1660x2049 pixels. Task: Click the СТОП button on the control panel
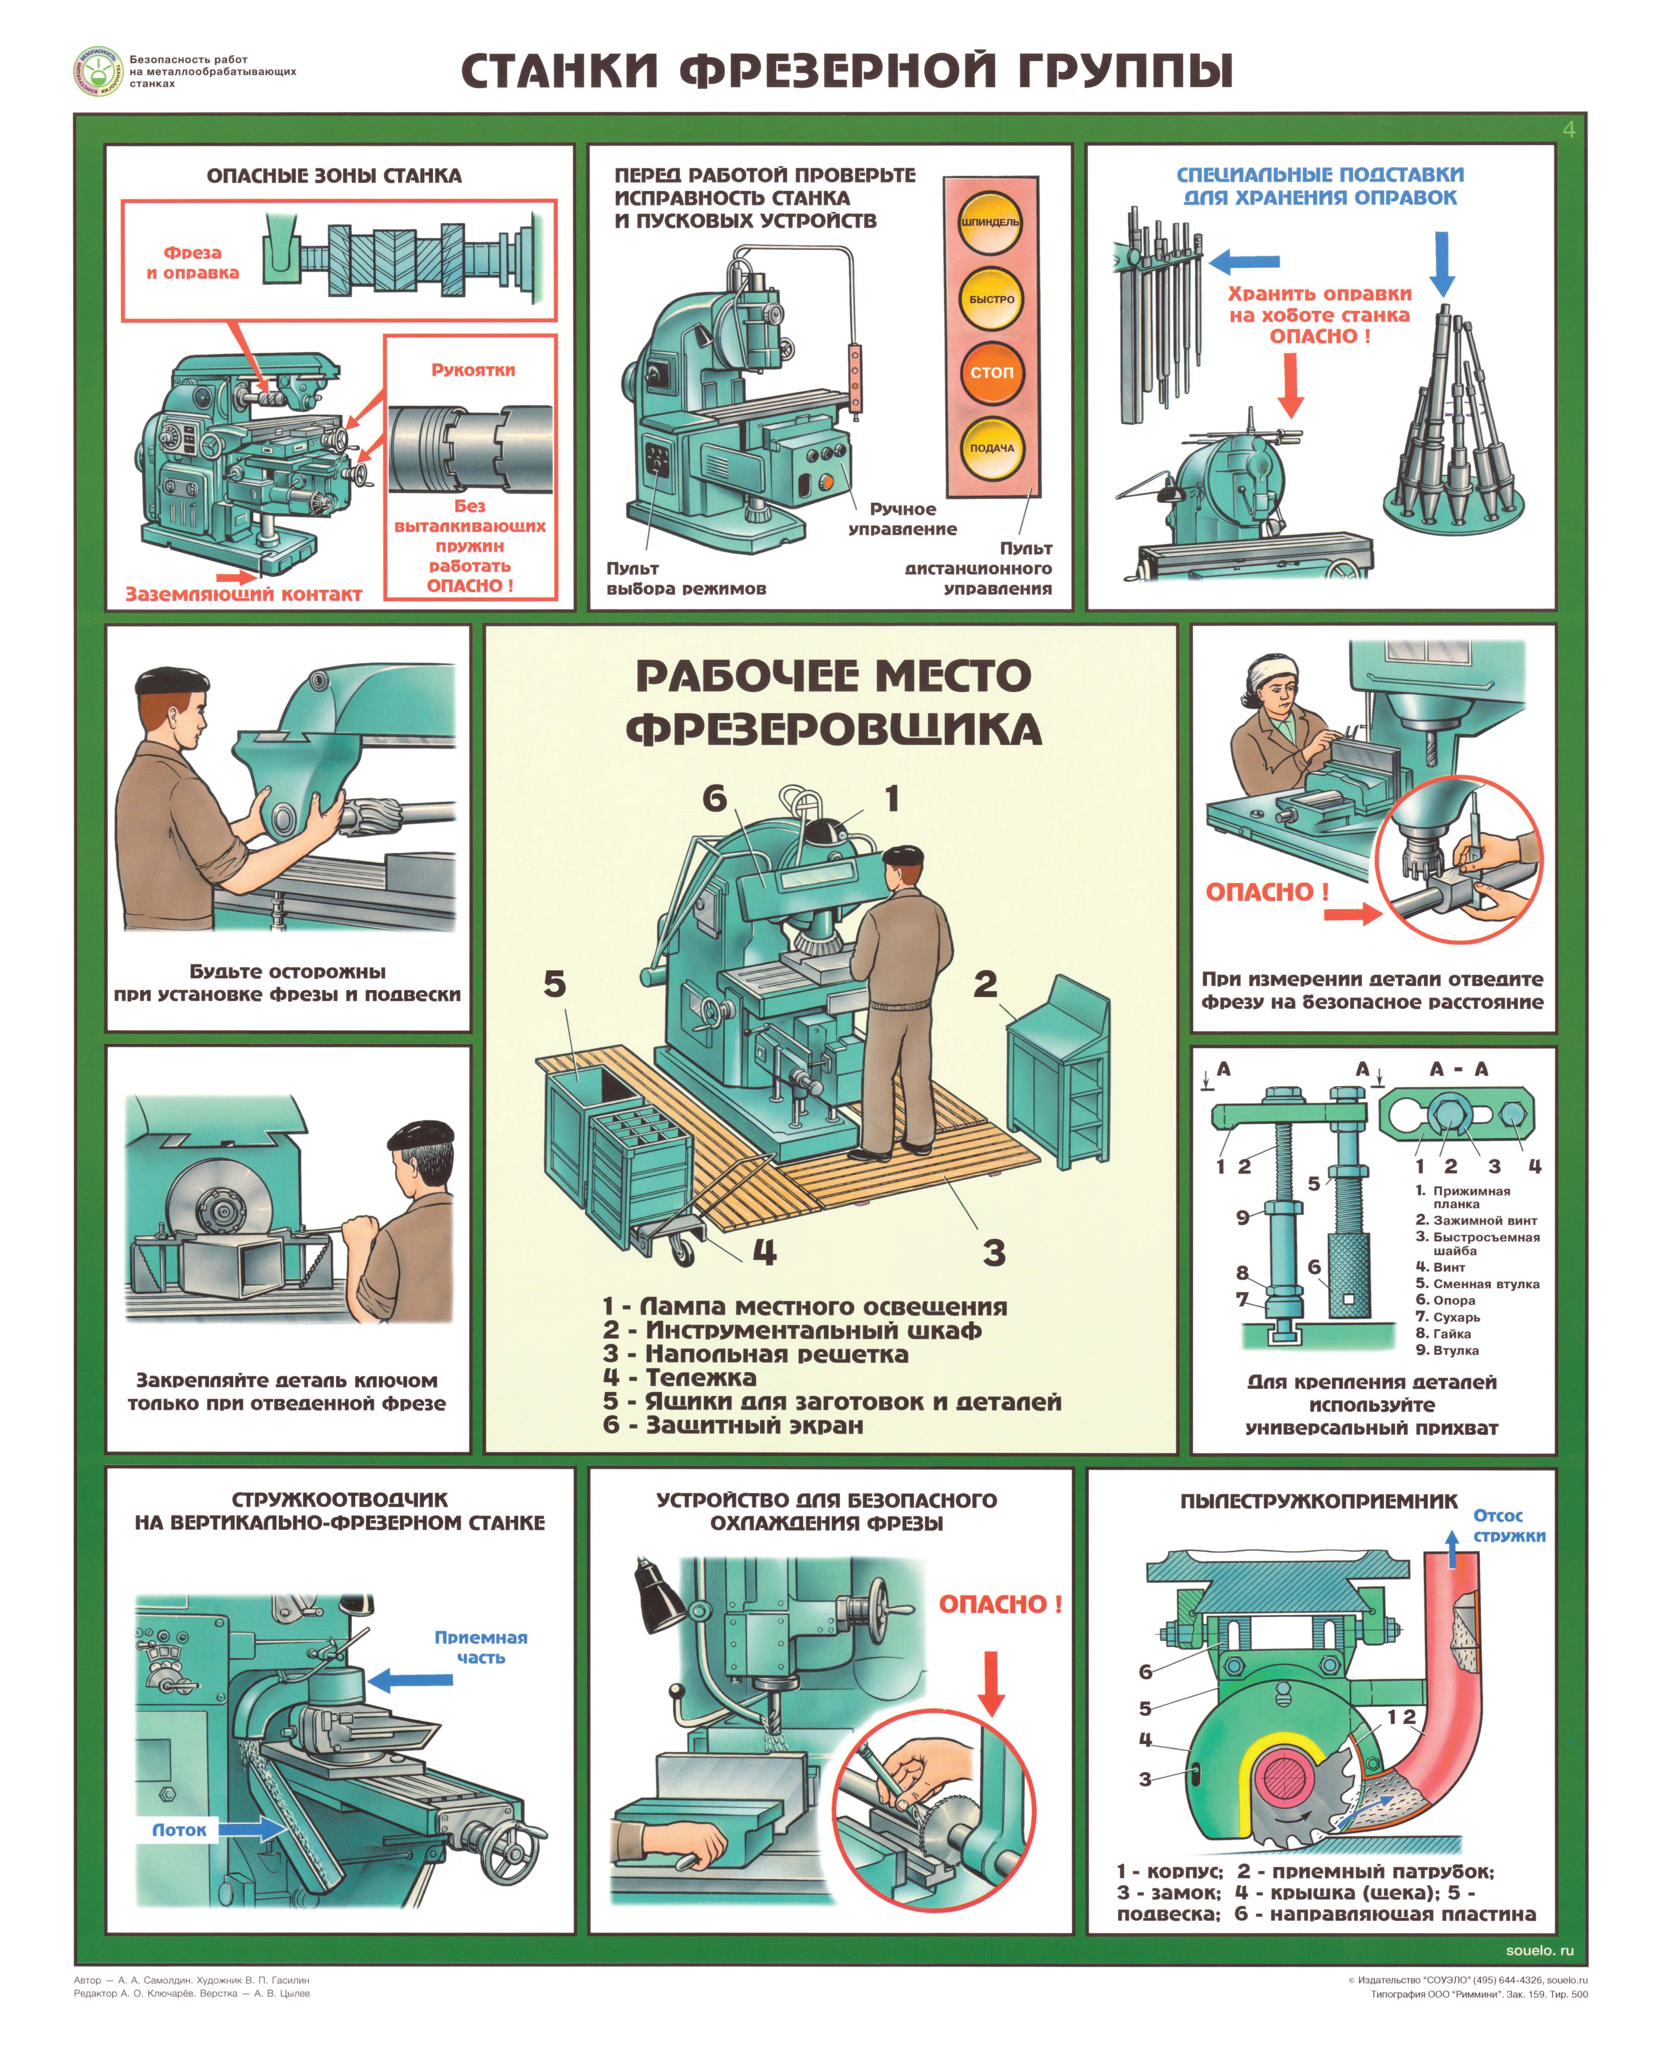point(992,373)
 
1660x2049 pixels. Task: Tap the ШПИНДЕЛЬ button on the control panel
point(992,222)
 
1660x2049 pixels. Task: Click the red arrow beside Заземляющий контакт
point(236,576)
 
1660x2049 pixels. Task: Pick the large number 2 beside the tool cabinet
point(985,984)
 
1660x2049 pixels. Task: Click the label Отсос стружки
point(1509,1525)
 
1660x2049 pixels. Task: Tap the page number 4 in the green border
point(1568,129)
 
